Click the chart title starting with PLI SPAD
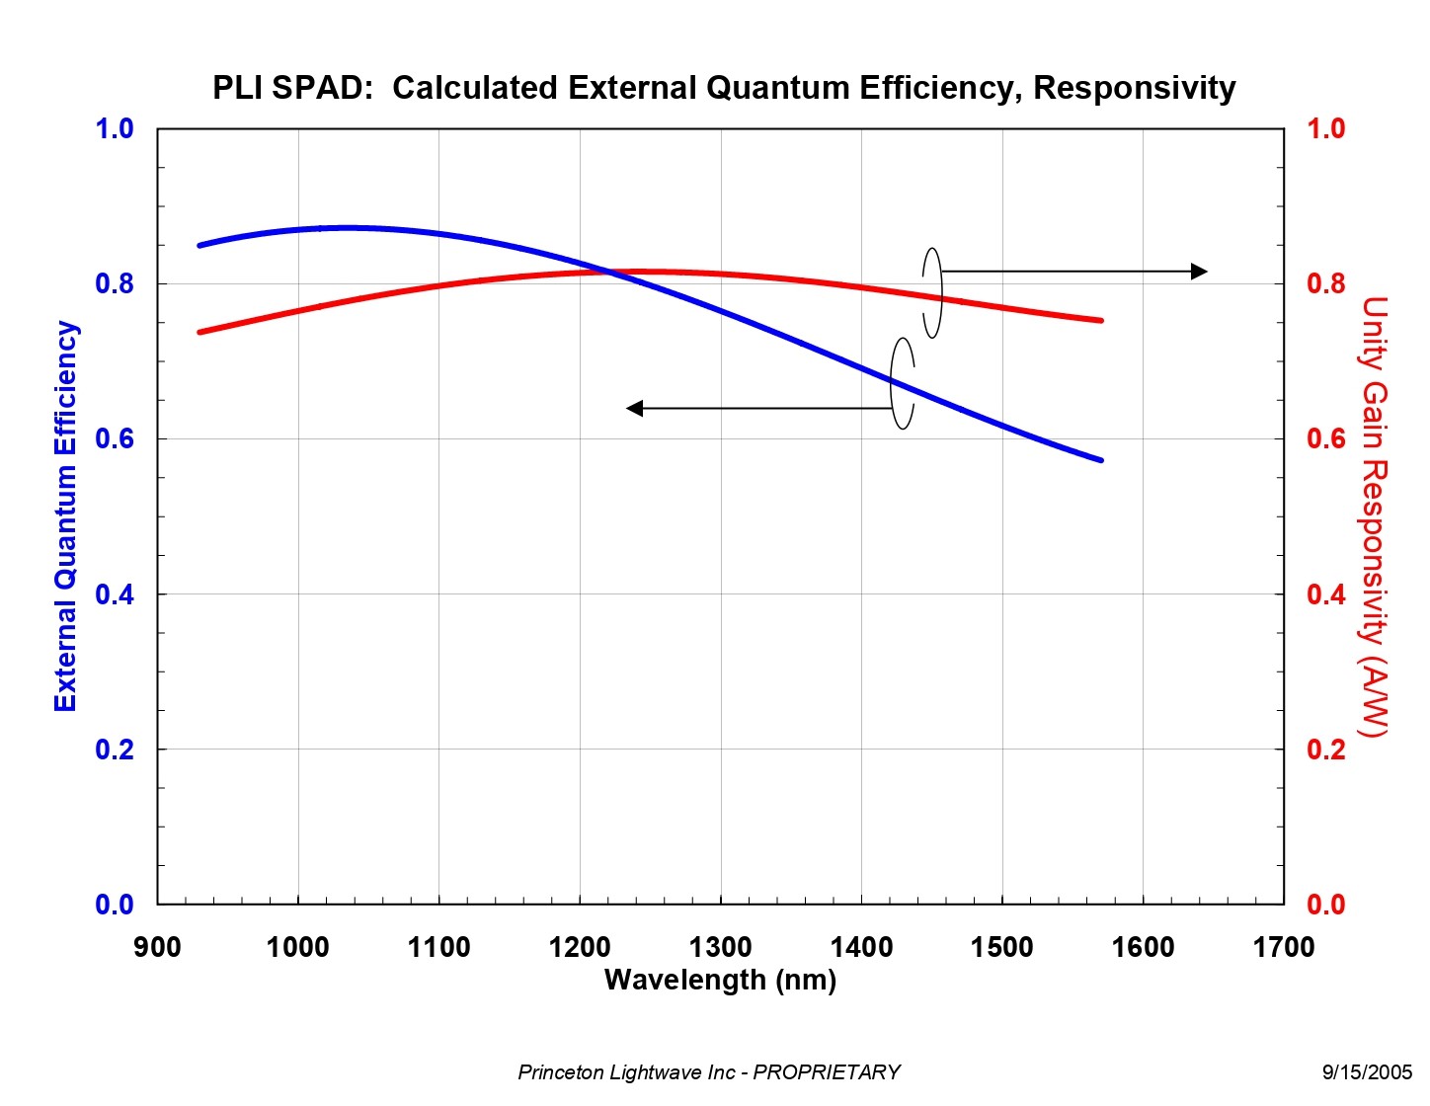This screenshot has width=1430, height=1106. [x=724, y=88]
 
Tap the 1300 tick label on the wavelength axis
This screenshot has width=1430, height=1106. [x=720, y=947]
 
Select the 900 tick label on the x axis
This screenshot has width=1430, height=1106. [x=157, y=947]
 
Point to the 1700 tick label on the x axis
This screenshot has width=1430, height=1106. [x=1283, y=947]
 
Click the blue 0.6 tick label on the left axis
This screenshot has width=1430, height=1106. [x=115, y=438]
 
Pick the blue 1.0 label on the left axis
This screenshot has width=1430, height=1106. [x=115, y=128]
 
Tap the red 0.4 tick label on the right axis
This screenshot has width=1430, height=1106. [x=1325, y=593]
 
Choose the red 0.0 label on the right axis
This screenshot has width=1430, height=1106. [x=1325, y=904]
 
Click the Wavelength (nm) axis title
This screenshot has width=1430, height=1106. [x=720, y=980]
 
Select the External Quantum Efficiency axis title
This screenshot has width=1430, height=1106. [x=65, y=515]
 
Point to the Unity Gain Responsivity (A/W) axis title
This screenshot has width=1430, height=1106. [x=1374, y=515]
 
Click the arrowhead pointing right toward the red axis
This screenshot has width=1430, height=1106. [x=1199, y=272]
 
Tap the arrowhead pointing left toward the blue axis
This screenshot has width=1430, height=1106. [x=635, y=408]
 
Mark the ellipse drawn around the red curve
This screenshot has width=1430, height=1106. [x=932, y=292]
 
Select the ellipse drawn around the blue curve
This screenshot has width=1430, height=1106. [x=902, y=383]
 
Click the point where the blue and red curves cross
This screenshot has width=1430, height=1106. [x=610, y=272]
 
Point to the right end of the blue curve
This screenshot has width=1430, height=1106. [x=1100, y=459]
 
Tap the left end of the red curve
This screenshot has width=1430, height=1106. [x=200, y=332]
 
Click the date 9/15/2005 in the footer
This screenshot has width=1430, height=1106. [x=1367, y=1072]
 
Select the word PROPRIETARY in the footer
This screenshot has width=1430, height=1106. [x=827, y=1072]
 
